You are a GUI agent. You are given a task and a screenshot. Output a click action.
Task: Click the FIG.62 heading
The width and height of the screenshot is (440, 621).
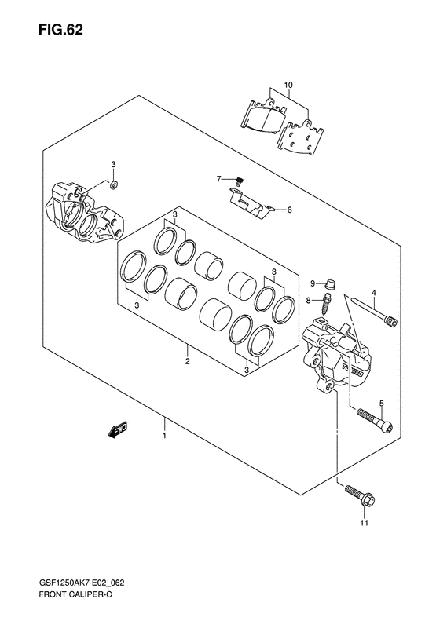60,30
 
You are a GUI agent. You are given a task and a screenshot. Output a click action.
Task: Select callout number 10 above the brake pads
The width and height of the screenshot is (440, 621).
288,85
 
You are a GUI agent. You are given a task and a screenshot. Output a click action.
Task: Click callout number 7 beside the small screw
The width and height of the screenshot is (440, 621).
218,180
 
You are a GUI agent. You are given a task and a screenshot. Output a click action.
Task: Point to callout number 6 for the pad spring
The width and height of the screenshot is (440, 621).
289,210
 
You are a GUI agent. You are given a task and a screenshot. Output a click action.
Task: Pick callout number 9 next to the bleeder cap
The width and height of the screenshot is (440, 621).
313,283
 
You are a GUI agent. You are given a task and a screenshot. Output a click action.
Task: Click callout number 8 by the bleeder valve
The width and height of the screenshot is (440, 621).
309,301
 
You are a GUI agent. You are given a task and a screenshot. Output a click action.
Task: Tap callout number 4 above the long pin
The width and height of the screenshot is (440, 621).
373,293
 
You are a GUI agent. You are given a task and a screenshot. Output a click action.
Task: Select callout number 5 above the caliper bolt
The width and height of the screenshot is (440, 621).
381,404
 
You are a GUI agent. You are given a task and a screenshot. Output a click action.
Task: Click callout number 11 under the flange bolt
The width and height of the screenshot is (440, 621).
365,523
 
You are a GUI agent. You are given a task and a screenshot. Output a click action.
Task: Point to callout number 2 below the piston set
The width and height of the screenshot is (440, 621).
188,361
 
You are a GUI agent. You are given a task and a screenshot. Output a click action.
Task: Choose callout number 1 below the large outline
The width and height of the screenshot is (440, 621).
164,436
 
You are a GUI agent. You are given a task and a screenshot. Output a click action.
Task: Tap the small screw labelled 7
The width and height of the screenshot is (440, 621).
239,182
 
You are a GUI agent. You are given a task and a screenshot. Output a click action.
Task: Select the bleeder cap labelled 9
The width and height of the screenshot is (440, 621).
328,284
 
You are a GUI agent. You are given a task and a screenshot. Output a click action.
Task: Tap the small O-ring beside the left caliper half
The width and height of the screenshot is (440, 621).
114,184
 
